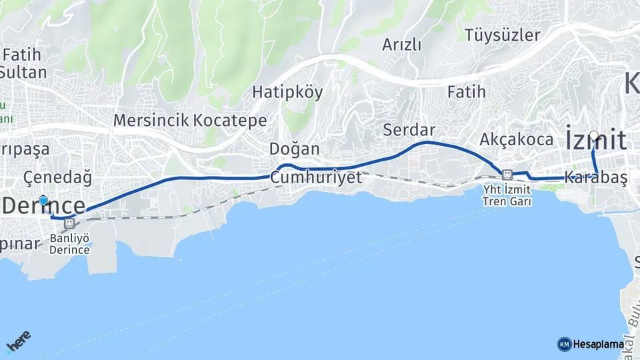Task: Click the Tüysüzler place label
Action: pos(503,35)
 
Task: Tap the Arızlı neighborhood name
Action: pos(402,45)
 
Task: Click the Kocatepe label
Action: pos(231,121)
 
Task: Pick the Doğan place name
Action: pos(295,148)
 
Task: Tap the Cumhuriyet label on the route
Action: pos(316,177)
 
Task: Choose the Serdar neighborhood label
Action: pos(409,129)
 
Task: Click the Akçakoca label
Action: pos(517,139)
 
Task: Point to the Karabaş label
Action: pos(595,178)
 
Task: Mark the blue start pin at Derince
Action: pos(44,200)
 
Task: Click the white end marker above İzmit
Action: pos(593,135)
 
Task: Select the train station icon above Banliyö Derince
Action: pos(69,224)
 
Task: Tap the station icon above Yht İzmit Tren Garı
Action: pos(507,175)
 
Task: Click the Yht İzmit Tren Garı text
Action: pos(508,195)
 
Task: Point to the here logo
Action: pos(18,344)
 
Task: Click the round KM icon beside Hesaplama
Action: pos(564,344)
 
